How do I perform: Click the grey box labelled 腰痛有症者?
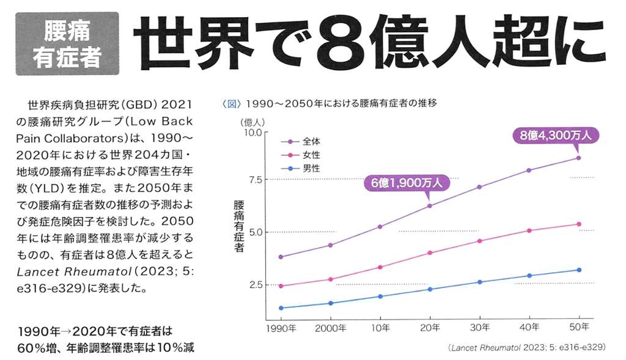point(67,43)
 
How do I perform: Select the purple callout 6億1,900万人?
point(407,182)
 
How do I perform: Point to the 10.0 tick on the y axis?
point(252,132)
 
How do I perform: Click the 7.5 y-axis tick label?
point(253,179)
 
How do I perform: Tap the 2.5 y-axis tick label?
point(253,285)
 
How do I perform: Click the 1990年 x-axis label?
point(281,328)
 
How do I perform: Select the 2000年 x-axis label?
point(330,328)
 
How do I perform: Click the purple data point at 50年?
point(578,158)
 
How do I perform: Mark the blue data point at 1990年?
point(281,308)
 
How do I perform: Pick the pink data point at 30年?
point(479,241)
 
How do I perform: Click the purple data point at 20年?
point(430,205)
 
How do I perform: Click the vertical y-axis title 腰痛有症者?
point(239,226)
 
